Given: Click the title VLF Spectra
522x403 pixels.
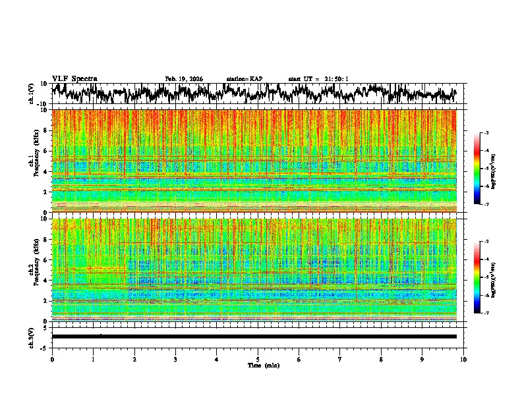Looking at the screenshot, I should coord(74,79).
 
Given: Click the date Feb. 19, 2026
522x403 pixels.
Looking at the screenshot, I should coord(184,79).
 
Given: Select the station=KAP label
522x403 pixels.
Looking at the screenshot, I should coord(245,79).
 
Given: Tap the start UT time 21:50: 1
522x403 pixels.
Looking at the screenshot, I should coord(318,79).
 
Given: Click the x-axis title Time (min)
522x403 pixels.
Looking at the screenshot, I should coord(262,365).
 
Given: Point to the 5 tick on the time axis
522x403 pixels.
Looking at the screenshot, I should coord(258,359).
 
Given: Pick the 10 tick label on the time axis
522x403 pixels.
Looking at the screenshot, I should coord(463,359).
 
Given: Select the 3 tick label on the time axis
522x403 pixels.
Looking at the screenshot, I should coord(175,359).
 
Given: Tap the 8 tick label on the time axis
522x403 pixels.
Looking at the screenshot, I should coord(381,359).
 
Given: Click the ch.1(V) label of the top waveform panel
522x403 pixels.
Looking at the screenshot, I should coord(32,94).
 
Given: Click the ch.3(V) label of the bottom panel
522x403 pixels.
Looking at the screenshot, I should coord(32,336).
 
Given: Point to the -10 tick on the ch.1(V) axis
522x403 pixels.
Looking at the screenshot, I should coord(43,104).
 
